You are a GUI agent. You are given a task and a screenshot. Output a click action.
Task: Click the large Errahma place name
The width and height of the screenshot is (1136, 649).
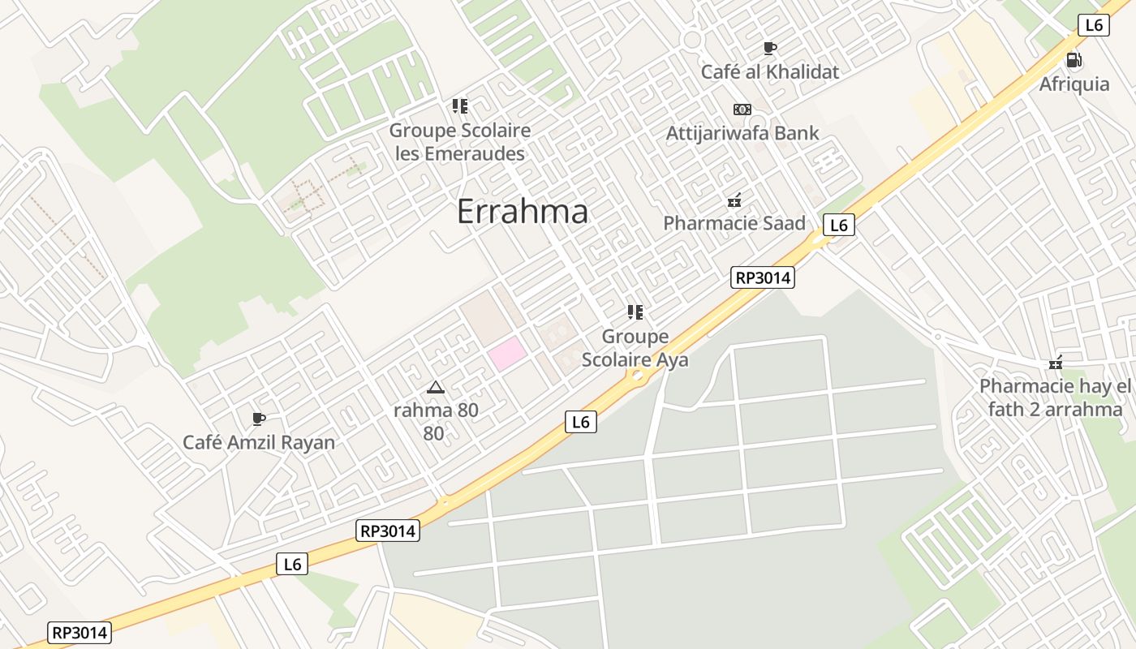click(522, 212)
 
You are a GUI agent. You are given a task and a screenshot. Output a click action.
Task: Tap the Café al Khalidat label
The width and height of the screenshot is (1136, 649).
click(769, 71)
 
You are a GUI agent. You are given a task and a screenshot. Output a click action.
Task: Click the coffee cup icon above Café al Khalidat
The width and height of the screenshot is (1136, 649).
click(769, 48)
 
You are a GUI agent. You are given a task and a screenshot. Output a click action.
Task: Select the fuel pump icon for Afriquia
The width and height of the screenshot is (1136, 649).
click(1074, 60)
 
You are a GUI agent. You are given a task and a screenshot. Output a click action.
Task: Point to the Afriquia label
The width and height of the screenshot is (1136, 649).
click(1074, 84)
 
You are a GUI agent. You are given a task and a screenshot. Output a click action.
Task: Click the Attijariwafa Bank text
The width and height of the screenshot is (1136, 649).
click(742, 133)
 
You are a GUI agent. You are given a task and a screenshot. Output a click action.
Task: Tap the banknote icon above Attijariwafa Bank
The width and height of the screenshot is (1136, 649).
click(742, 110)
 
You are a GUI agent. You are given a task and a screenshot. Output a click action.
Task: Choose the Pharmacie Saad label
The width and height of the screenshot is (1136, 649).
click(734, 223)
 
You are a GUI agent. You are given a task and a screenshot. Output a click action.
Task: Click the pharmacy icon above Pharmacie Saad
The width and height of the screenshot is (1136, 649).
click(734, 200)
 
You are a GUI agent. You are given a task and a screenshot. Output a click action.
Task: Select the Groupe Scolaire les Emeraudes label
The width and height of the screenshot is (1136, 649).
click(460, 141)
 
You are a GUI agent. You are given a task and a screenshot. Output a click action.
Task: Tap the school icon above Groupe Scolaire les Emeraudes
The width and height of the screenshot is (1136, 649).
click(460, 106)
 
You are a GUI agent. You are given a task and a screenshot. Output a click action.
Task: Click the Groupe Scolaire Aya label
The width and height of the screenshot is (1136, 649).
click(635, 348)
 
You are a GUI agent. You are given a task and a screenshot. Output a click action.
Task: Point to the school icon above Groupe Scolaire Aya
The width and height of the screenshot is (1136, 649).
click(635, 312)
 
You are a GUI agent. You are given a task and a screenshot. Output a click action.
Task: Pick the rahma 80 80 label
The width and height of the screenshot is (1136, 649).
click(436, 421)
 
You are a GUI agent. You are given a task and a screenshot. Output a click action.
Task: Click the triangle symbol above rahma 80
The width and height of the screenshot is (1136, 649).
click(436, 387)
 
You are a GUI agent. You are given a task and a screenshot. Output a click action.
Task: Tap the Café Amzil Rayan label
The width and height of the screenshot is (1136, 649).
click(259, 442)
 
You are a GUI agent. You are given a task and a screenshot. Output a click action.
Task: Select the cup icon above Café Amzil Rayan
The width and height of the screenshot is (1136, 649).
click(259, 419)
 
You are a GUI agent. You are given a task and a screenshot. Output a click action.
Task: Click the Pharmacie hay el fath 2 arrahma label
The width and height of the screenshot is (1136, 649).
click(1055, 398)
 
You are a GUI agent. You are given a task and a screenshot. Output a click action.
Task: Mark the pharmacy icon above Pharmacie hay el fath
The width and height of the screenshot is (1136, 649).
click(1055, 364)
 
